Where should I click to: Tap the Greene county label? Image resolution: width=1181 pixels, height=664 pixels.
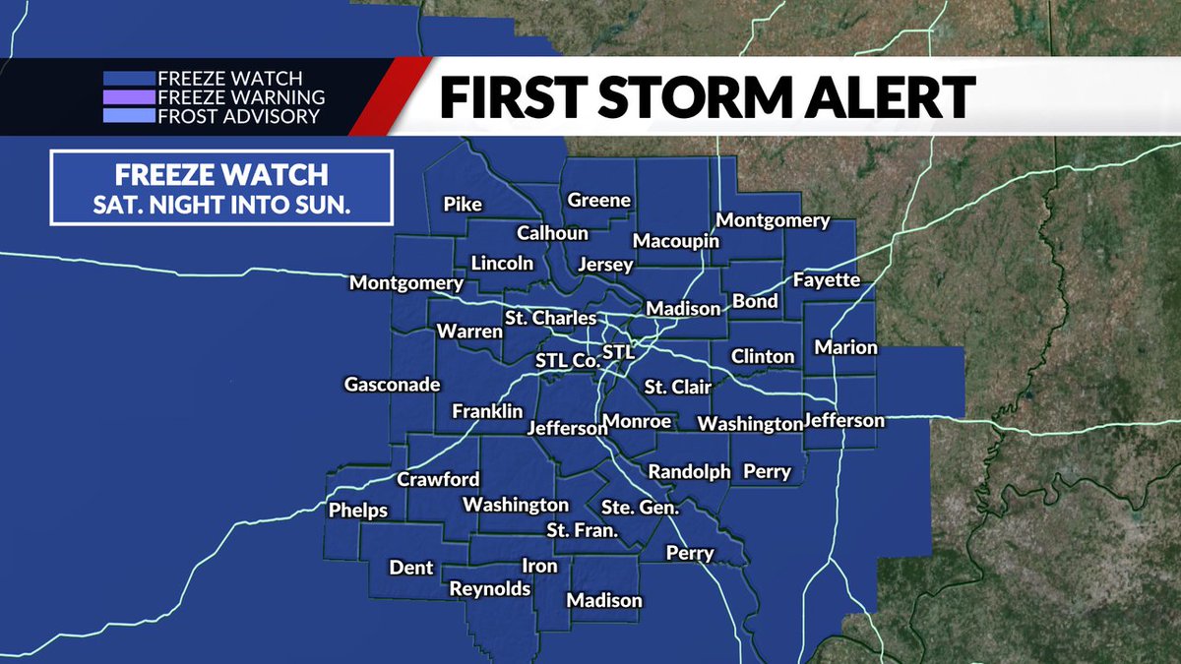598,201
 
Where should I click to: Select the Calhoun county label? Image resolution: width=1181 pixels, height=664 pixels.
552,233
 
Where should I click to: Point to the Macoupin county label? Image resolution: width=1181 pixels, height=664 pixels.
675,241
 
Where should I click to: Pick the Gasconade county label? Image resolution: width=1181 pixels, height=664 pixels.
392,385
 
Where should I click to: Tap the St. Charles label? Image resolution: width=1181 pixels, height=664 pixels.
550,318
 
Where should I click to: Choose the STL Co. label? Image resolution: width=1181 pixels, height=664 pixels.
567,360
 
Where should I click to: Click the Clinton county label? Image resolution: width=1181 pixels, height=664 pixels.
762,356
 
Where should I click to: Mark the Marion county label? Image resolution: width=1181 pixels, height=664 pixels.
845,347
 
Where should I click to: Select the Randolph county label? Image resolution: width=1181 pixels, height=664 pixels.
689,471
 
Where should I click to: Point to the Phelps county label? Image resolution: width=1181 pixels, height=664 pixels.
357,511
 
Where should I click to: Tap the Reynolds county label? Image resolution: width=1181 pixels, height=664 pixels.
490,588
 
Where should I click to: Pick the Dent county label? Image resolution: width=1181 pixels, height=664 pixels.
411,568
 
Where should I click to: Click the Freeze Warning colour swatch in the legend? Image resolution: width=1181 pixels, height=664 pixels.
129,97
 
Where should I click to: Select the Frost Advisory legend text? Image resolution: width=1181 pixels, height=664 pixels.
238,116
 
